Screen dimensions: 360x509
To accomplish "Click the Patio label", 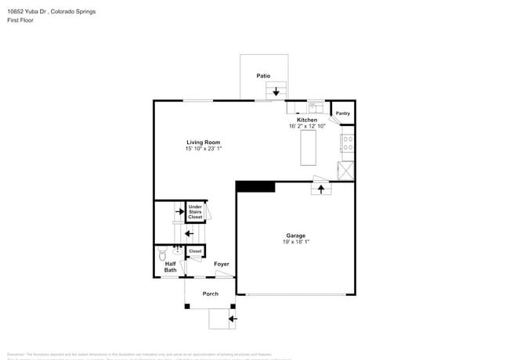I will pyautogui.click(x=263, y=76).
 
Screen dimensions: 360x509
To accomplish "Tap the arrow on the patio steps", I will pyautogui.click(x=275, y=91).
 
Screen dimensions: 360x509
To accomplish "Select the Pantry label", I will pyautogui.click(x=343, y=113).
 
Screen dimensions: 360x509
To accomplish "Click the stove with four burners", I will pyautogui.click(x=347, y=143).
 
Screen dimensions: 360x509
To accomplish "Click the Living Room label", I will pyautogui.click(x=203, y=142).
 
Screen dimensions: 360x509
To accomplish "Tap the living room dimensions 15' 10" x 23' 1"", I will pyautogui.click(x=203, y=149).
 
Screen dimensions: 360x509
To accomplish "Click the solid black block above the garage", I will pyautogui.click(x=255, y=186).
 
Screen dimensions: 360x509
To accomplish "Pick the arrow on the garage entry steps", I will pyautogui.click(x=320, y=189).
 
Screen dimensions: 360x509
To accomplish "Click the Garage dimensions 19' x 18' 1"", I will pyautogui.click(x=295, y=242).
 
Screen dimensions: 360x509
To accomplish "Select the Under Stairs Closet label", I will pyautogui.click(x=195, y=212).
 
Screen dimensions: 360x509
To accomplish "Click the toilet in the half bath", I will pyautogui.click(x=163, y=254).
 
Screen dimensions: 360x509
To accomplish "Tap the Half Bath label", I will pyautogui.click(x=170, y=267).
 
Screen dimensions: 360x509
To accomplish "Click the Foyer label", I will pyautogui.click(x=222, y=265).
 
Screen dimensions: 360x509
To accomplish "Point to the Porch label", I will pyautogui.click(x=210, y=293).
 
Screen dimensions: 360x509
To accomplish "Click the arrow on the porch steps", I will pyautogui.click(x=232, y=319).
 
